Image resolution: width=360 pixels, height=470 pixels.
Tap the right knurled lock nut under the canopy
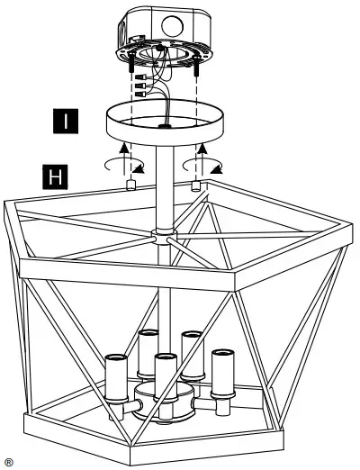click(195, 185)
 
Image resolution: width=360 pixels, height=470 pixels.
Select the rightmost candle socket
click(220, 369)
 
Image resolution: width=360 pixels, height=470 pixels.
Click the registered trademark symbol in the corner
click(8, 461)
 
